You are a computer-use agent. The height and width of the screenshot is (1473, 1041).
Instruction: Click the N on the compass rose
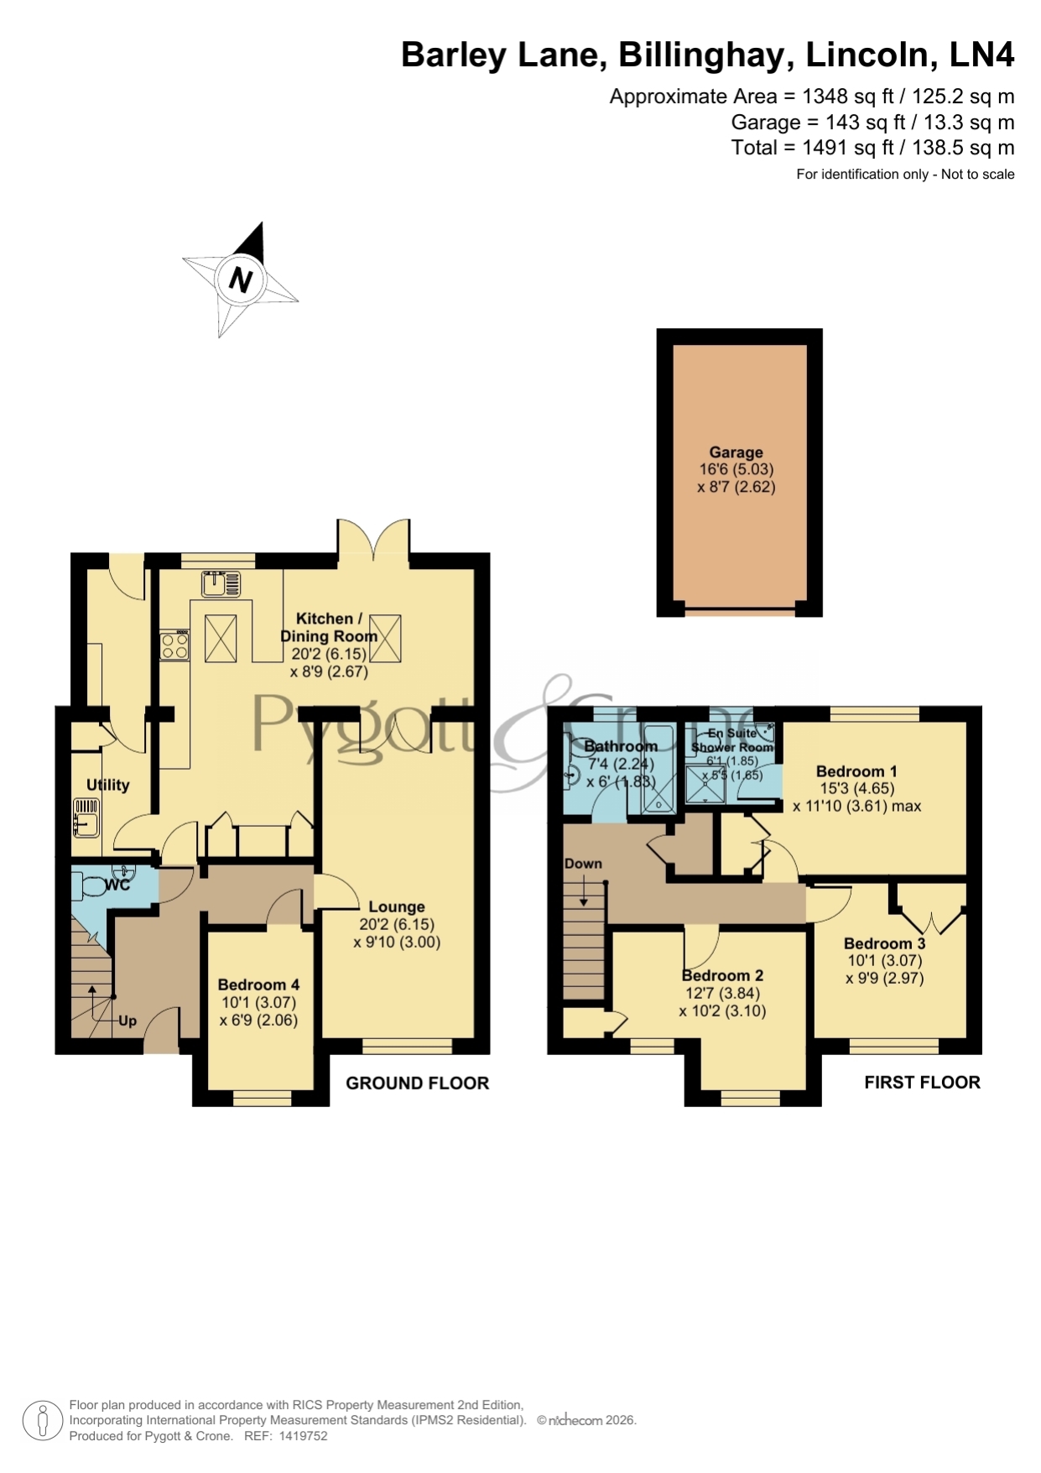point(241,279)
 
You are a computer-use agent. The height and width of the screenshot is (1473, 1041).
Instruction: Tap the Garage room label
point(736,452)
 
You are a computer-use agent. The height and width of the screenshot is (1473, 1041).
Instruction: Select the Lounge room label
point(397,907)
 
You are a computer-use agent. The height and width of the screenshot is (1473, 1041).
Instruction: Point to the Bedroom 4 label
point(258,985)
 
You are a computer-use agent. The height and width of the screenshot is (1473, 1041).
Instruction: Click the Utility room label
point(108,785)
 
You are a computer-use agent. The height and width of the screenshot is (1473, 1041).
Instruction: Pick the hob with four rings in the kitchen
point(174,646)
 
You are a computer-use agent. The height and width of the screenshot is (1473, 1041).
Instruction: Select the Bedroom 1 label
point(856,771)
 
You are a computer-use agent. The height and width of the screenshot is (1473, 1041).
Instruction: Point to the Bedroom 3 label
point(884,943)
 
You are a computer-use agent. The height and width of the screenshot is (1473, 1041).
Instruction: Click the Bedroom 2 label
point(722,975)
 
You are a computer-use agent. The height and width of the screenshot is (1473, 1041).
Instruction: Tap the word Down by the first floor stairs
point(583,864)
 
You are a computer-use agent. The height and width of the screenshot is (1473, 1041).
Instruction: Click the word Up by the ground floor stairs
point(128,1021)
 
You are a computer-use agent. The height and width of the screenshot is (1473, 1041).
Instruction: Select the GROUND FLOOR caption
point(417,1084)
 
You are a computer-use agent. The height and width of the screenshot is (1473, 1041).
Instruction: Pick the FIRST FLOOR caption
point(922,1083)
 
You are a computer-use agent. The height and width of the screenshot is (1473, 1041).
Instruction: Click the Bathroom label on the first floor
point(621,746)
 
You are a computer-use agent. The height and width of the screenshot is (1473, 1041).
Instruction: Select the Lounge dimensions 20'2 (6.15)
point(397,925)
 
